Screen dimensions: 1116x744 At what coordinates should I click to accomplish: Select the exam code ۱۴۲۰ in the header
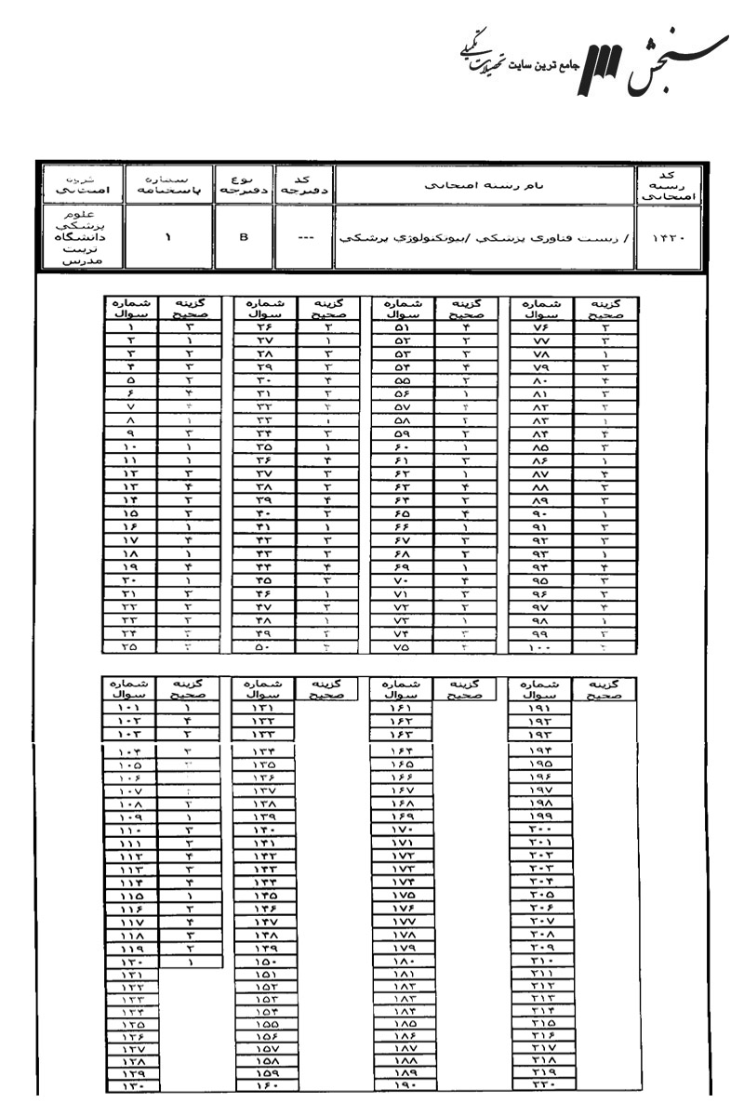click(x=664, y=237)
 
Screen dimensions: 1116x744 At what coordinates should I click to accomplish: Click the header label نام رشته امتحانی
click(x=483, y=185)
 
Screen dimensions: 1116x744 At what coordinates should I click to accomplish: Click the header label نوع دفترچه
click(x=244, y=184)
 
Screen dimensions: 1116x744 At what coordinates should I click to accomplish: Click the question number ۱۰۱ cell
click(x=131, y=708)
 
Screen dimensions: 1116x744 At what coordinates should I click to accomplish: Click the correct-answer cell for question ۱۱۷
click(x=189, y=922)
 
